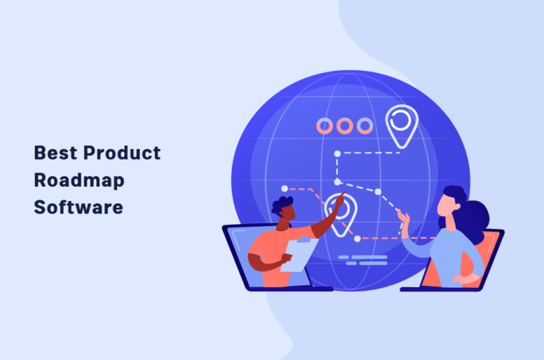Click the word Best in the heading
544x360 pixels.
coord(55,153)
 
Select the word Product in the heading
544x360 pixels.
coord(122,153)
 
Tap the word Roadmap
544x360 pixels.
coord(79,181)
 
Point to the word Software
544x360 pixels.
coord(79,207)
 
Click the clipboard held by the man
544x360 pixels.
coord(299,254)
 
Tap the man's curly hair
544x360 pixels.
coord(281,205)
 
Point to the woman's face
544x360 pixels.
coord(447,205)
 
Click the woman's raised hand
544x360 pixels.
coord(404,221)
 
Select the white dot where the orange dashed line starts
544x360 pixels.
coord(285,189)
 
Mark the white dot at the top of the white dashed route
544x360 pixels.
coord(337,154)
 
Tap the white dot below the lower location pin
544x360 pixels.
coord(357,239)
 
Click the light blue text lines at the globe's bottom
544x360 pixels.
coord(363,260)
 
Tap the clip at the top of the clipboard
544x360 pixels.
coord(303,240)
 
